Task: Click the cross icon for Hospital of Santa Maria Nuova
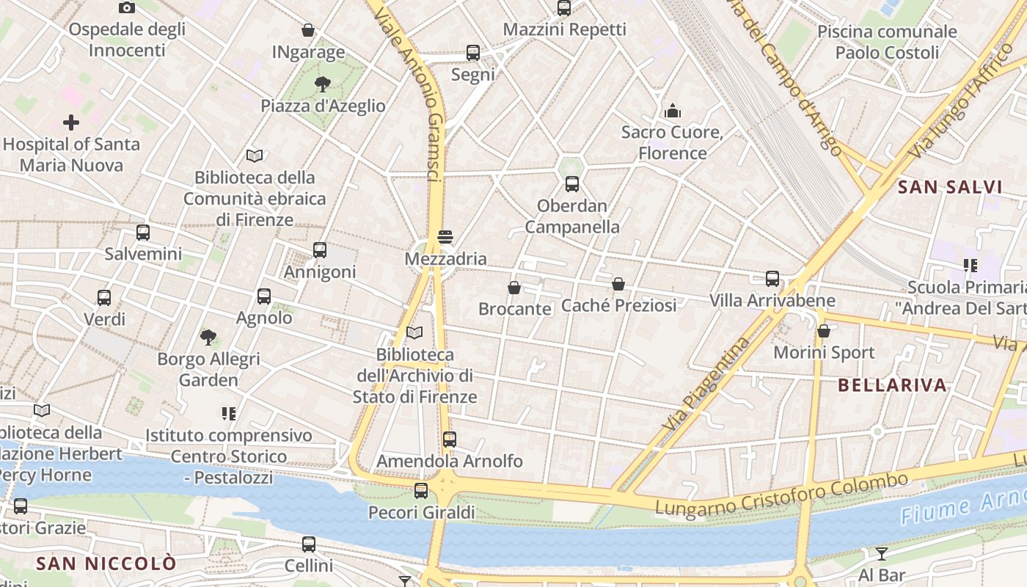pyautogui.click(x=71, y=122)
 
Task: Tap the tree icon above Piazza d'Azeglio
pyautogui.click(x=322, y=84)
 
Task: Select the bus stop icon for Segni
pyautogui.click(x=473, y=53)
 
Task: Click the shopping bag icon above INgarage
pyautogui.click(x=308, y=30)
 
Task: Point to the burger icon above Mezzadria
pyautogui.click(x=445, y=237)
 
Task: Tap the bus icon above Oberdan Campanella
pyautogui.click(x=572, y=184)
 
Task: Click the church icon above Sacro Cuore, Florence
pyautogui.click(x=673, y=111)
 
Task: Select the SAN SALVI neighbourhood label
pyautogui.click(x=950, y=187)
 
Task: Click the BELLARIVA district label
pyautogui.click(x=892, y=385)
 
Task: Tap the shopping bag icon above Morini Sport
pyautogui.click(x=824, y=331)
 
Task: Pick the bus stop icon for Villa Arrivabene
pyautogui.click(x=772, y=279)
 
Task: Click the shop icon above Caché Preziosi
pyautogui.click(x=618, y=284)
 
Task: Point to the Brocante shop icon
pyautogui.click(x=514, y=288)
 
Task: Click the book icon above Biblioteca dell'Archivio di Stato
pyautogui.click(x=414, y=333)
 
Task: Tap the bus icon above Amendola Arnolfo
pyautogui.click(x=450, y=440)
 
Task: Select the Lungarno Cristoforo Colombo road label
pyautogui.click(x=781, y=495)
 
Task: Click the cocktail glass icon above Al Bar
pyautogui.click(x=882, y=553)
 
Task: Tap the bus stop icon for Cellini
pyautogui.click(x=309, y=544)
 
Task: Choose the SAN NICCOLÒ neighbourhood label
pyautogui.click(x=106, y=564)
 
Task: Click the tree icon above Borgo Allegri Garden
pyautogui.click(x=208, y=338)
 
